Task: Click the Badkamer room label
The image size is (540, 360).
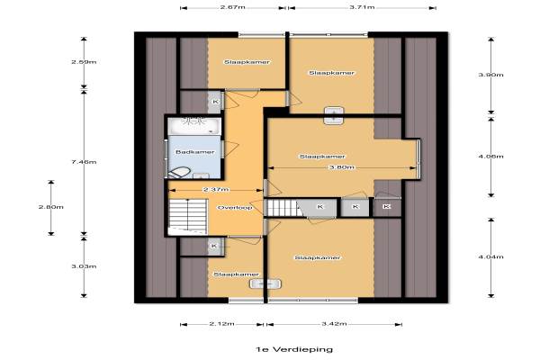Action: (195, 152)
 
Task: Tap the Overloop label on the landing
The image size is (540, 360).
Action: (235, 207)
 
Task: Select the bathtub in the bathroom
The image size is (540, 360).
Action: (194, 126)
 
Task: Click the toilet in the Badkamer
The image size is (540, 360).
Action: (179, 172)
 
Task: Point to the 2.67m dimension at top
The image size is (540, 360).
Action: (233, 7)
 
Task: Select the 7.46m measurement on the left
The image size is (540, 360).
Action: (84, 162)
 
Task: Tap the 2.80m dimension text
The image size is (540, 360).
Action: (51, 207)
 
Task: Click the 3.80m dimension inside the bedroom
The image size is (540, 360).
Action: (342, 167)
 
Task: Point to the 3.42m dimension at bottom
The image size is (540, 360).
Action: (334, 324)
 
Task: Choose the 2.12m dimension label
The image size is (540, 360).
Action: (222, 324)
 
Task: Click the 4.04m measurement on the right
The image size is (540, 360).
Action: (491, 256)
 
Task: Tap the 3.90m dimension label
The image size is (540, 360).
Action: (491, 75)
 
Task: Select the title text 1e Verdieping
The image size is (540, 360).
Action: (294, 349)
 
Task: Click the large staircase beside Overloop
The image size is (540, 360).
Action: (188, 217)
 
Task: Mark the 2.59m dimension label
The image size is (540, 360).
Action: (84, 62)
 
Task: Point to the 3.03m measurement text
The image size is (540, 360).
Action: (84, 266)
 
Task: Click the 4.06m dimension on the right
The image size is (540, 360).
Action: (491, 157)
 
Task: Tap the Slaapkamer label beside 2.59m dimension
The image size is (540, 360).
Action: (247, 62)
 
